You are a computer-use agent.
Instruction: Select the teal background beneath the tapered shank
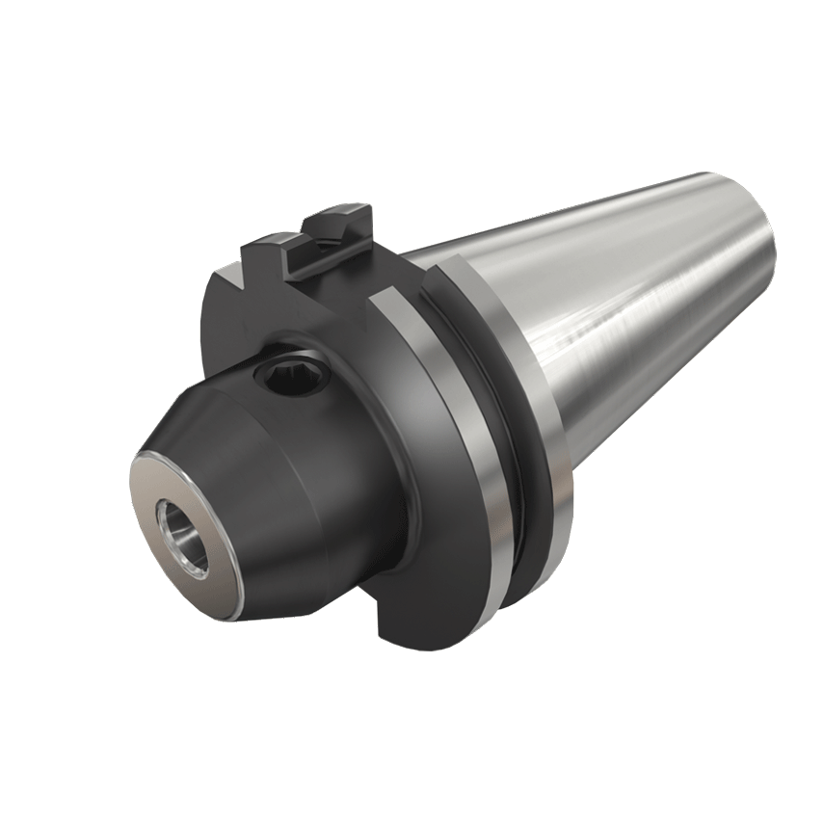[694, 530]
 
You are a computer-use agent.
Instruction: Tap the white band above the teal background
[411, 77]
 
